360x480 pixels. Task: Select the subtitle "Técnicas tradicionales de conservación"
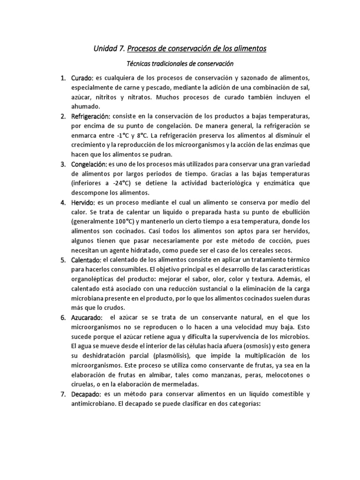180,63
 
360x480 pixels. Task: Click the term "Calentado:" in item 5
86,260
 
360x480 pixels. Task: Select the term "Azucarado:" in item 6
87,317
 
